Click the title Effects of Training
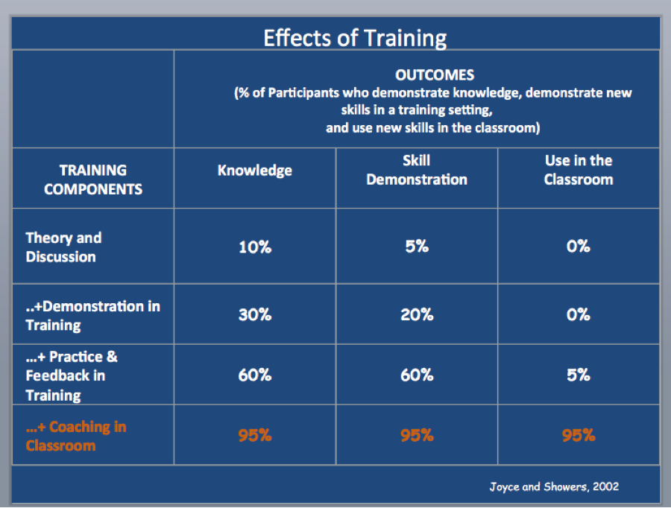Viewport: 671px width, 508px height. click(x=355, y=39)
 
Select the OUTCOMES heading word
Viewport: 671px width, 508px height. click(x=435, y=75)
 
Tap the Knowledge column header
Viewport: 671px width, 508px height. click(x=255, y=170)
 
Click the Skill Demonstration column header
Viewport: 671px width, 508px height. click(x=416, y=170)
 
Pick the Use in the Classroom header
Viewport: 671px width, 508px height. click(x=579, y=170)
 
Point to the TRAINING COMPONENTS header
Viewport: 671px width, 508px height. click(x=93, y=180)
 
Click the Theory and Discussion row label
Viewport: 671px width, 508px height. click(x=63, y=247)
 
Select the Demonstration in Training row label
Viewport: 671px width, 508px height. click(x=93, y=316)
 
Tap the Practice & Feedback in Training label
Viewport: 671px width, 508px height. click(x=72, y=376)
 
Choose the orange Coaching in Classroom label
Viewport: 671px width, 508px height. click(x=76, y=436)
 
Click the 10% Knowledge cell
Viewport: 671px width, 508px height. click(x=255, y=247)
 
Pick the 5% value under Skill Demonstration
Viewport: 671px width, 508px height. click(x=417, y=247)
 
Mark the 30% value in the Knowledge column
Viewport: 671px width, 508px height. click(x=255, y=315)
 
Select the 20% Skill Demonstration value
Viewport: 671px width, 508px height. click(x=417, y=315)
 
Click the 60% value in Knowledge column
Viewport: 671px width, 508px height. click(x=255, y=375)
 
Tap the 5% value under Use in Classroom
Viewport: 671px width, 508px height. click(x=579, y=375)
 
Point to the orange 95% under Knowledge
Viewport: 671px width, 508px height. click(x=255, y=435)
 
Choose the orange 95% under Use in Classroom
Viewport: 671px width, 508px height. click(x=579, y=435)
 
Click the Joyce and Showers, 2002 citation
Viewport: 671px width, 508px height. click(x=554, y=486)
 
